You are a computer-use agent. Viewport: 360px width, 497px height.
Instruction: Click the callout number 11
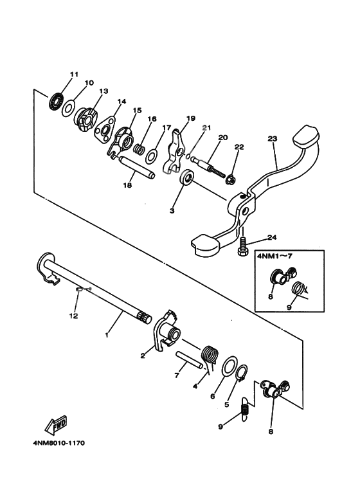coord(74,75)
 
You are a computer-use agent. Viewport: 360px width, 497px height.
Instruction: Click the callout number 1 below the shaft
coord(107,334)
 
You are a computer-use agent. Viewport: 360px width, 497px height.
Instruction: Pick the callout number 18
coord(127,185)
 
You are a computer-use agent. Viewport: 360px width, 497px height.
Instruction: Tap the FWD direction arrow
coord(55,425)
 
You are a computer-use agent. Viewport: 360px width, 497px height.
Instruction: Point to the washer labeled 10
coord(71,109)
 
